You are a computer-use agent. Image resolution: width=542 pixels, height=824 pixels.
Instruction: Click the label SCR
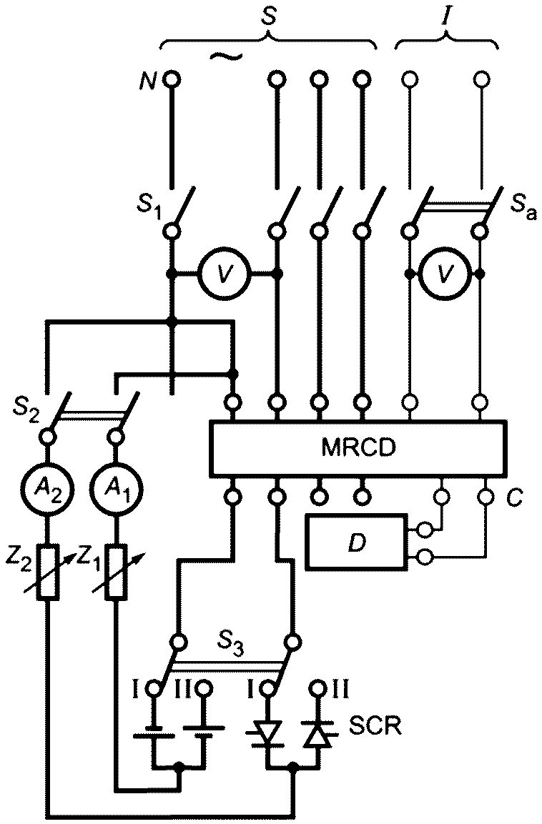click(375, 727)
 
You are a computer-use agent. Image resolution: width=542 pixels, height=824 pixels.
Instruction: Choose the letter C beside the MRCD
click(515, 497)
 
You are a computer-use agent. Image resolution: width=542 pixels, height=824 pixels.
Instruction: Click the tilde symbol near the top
click(226, 56)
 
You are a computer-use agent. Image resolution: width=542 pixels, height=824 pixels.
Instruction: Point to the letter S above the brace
click(269, 17)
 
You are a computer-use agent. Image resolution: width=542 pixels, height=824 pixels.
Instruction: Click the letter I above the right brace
click(445, 17)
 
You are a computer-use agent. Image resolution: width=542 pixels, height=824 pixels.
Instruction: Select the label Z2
click(17, 558)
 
